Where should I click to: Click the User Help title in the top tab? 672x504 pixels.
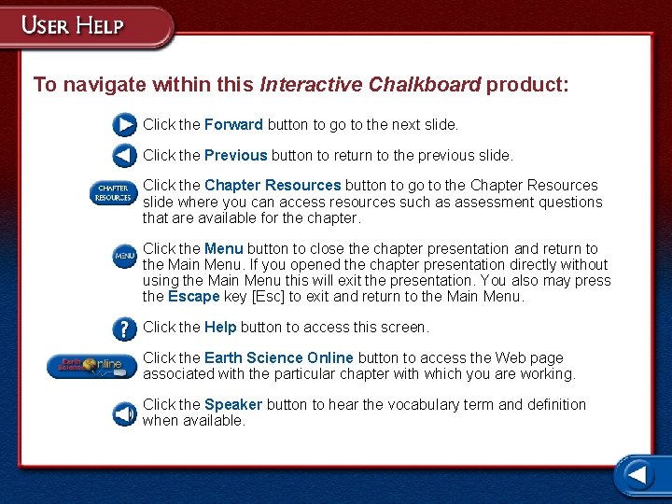click(73, 24)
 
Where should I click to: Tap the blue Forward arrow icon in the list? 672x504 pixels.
click(125, 124)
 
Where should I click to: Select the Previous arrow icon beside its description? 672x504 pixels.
click(125, 155)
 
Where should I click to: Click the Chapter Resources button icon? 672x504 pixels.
click(113, 193)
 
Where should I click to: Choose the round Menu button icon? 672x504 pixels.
click(125, 256)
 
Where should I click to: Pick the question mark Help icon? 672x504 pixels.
click(125, 329)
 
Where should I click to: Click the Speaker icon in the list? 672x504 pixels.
click(125, 413)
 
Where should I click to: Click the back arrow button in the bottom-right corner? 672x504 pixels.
click(637, 475)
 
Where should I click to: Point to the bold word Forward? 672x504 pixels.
click(233, 124)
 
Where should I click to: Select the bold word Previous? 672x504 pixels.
click(235, 155)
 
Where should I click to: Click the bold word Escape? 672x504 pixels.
click(193, 297)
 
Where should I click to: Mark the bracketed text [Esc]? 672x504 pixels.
click(270, 297)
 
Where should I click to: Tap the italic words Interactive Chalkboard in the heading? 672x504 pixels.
click(371, 85)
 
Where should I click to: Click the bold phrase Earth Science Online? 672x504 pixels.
click(278, 357)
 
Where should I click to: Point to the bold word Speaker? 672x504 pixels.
click(233, 404)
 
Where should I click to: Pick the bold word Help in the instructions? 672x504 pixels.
click(220, 327)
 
